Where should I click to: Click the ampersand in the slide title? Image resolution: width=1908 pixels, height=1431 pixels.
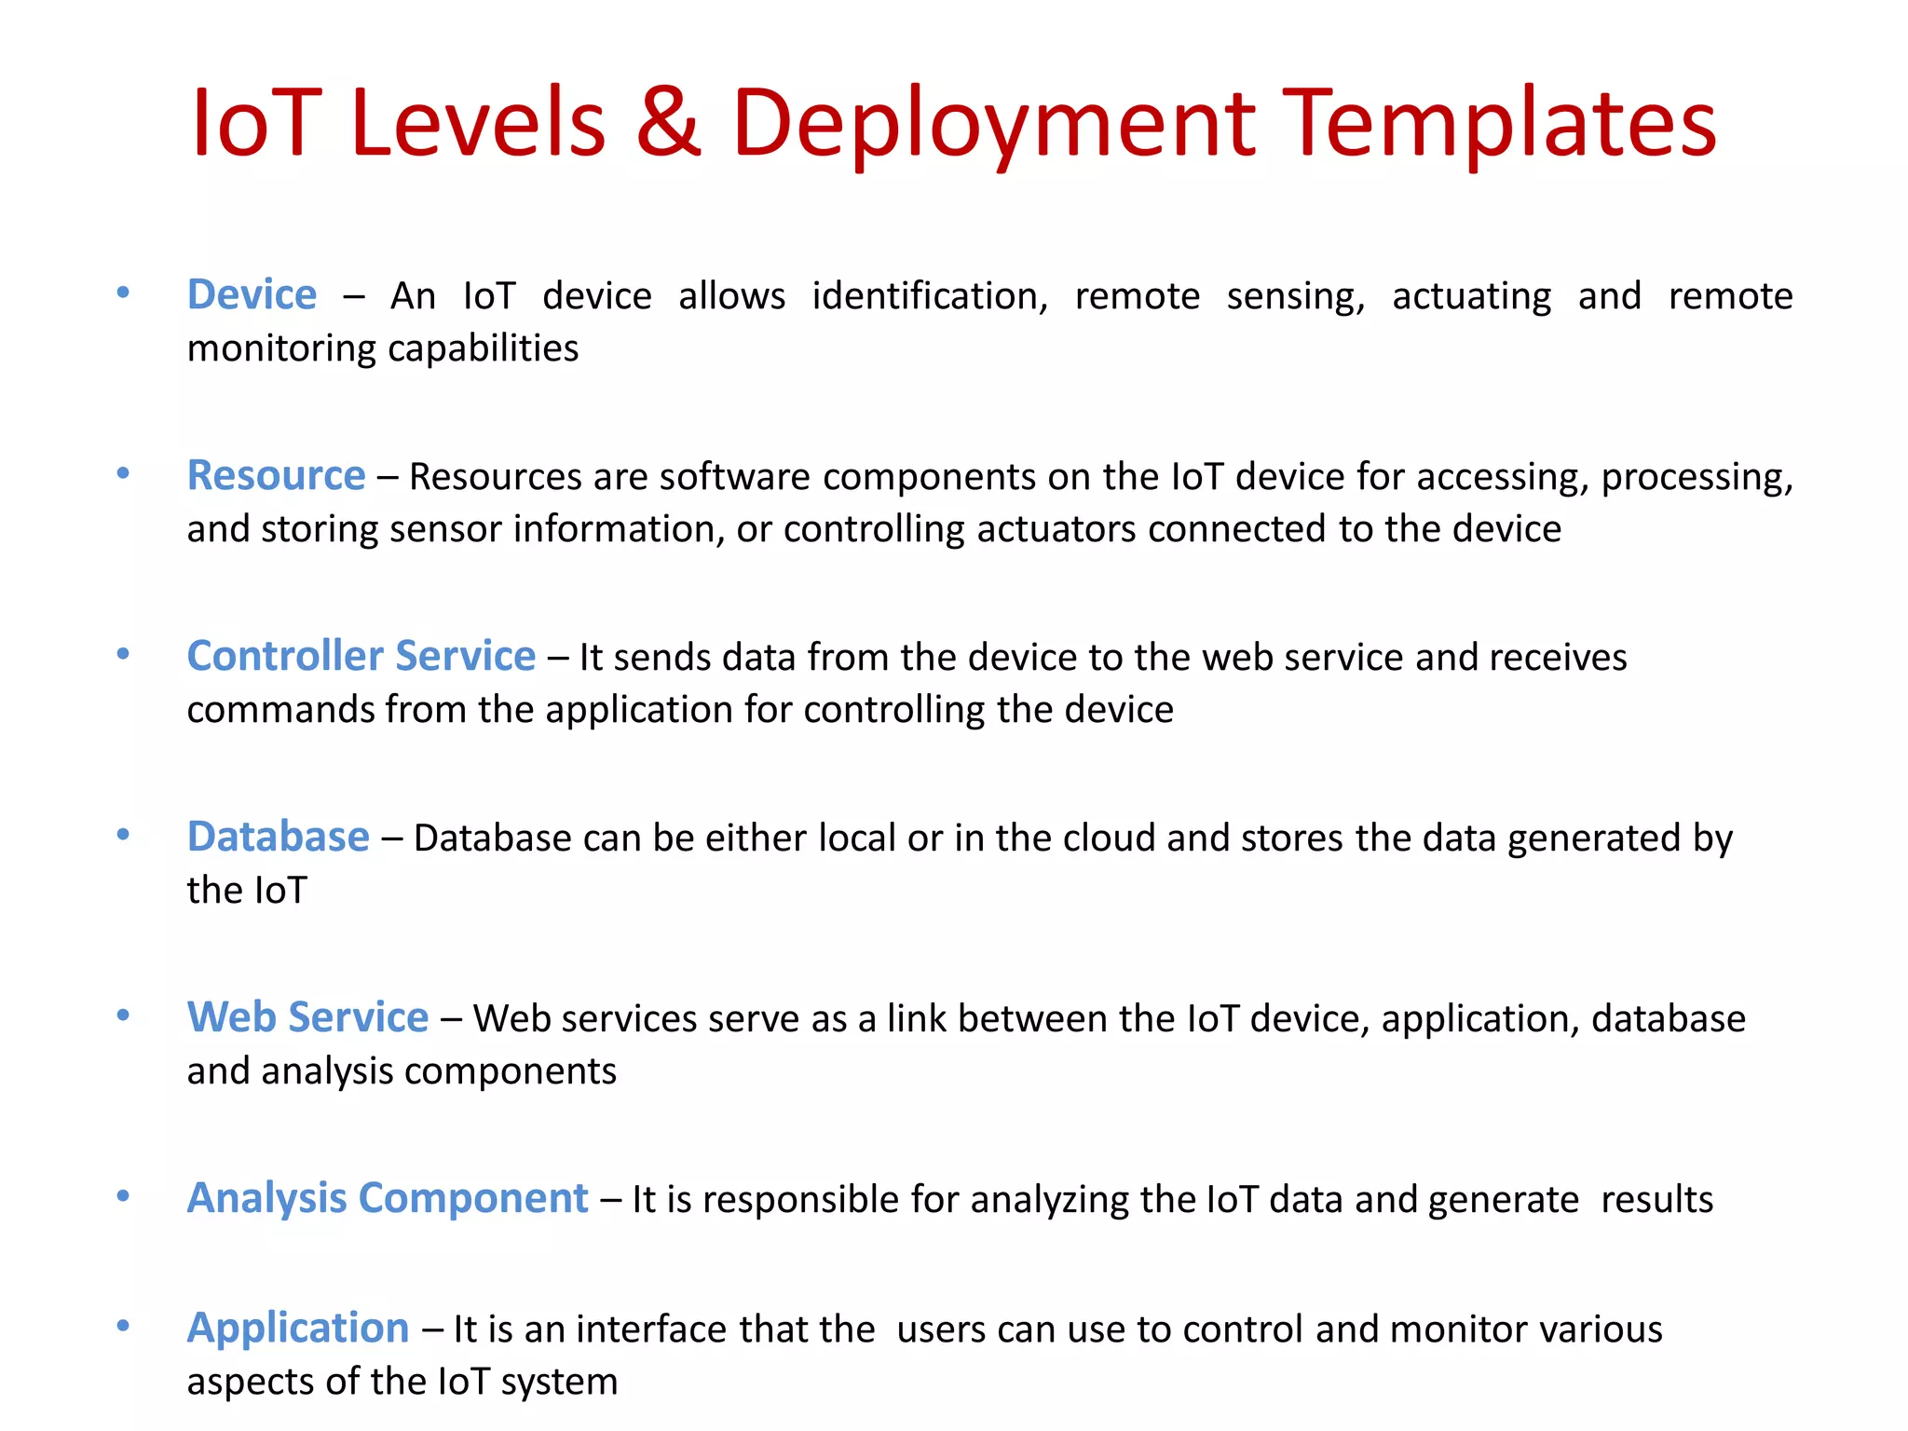point(668,122)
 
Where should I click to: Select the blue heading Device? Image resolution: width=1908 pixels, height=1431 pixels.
point(252,294)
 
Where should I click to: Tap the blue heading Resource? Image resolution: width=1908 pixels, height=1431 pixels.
point(276,475)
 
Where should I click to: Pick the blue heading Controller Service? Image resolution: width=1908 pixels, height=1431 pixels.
point(361,656)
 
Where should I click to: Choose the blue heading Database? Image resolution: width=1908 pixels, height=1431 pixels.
point(278,837)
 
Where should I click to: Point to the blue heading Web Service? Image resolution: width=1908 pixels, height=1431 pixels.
point(307,1016)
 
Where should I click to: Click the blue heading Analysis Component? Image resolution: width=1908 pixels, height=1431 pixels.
point(388,1198)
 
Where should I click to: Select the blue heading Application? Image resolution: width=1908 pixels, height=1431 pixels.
point(298,1328)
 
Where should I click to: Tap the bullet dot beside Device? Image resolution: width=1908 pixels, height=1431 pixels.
point(123,293)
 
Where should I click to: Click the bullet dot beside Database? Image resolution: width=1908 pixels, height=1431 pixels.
point(123,835)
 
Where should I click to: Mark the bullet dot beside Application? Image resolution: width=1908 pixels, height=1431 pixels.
point(123,1326)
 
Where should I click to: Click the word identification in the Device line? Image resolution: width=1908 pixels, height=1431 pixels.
point(929,296)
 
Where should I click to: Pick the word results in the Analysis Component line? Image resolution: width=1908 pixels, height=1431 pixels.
point(1656,1200)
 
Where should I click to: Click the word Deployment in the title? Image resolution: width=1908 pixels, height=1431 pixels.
point(993,124)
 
